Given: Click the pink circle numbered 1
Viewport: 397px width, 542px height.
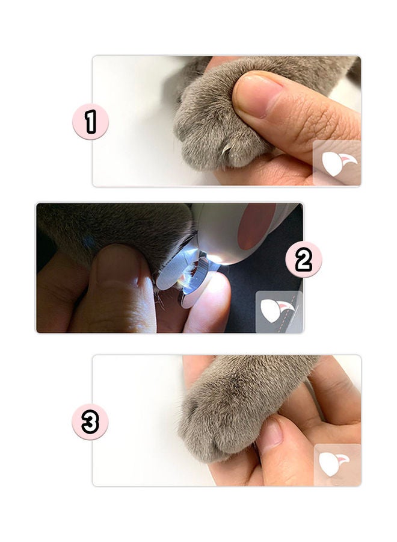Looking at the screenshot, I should click(x=90, y=121).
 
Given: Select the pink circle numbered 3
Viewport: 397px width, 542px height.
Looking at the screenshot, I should click(x=90, y=421).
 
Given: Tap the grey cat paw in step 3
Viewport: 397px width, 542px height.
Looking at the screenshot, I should click(x=223, y=416).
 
